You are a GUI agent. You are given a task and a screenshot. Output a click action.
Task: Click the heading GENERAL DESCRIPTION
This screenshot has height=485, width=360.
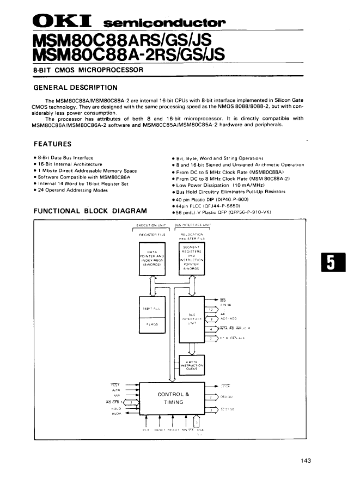(75, 88)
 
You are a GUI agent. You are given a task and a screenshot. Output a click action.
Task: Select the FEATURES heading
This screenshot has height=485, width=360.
(52, 144)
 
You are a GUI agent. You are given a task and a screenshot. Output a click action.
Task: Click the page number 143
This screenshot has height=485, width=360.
(306, 461)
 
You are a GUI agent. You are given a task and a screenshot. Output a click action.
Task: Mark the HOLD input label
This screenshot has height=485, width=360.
(115, 408)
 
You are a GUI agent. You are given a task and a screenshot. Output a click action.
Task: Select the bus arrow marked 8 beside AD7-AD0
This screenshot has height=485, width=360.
(211, 319)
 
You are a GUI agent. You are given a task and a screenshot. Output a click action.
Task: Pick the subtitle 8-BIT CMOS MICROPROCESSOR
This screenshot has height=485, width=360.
(88, 70)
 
